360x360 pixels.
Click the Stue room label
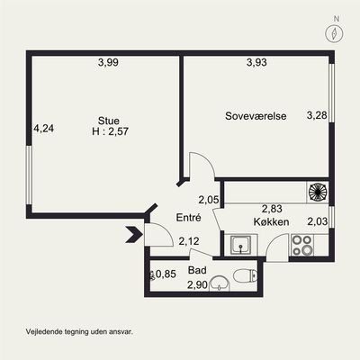(x=109, y=121)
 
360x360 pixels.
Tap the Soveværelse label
(x=256, y=116)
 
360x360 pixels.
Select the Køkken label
(x=271, y=222)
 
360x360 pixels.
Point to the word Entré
(x=188, y=218)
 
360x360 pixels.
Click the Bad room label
(x=197, y=270)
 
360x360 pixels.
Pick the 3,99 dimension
(x=108, y=62)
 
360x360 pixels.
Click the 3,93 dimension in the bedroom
(x=256, y=62)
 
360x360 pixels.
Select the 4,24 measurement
(x=44, y=129)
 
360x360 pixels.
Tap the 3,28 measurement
(x=317, y=115)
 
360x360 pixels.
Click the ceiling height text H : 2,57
(x=110, y=131)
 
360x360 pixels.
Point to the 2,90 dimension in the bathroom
(x=197, y=284)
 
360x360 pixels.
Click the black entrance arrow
(x=134, y=235)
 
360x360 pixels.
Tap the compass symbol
(x=334, y=32)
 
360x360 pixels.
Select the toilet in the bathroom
(x=245, y=276)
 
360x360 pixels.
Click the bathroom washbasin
(x=220, y=283)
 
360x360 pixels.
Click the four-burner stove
(x=302, y=245)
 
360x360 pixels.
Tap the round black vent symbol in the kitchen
(x=318, y=193)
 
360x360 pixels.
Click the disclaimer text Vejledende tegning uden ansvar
(x=79, y=332)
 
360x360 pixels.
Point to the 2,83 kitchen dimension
(x=272, y=209)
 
